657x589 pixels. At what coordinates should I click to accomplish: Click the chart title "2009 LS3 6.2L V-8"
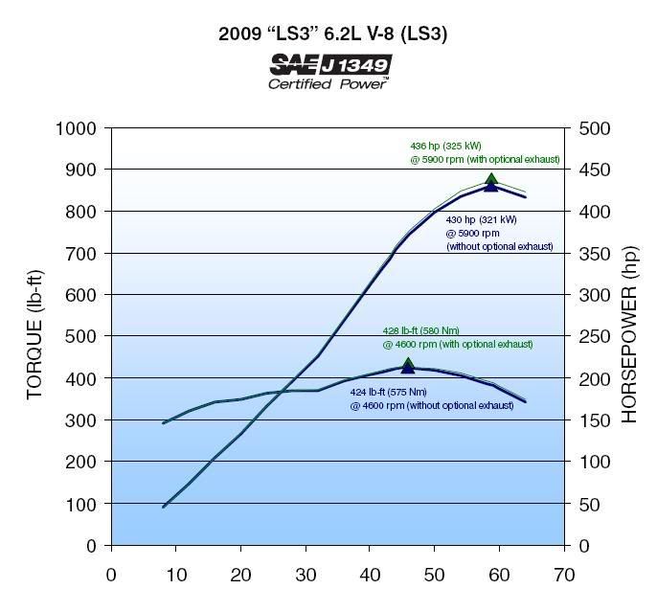(x=331, y=34)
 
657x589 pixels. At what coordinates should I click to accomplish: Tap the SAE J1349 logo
(x=330, y=64)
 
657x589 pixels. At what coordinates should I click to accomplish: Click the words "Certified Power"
(x=328, y=84)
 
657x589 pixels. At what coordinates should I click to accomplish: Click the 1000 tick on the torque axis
(x=78, y=129)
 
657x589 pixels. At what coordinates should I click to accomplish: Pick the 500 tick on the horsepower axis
(x=589, y=129)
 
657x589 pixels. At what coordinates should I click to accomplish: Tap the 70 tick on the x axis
(x=563, y=575)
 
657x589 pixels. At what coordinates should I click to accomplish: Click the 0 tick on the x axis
(x=111, y=575)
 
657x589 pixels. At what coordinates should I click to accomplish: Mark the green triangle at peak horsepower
(x=491, y=178)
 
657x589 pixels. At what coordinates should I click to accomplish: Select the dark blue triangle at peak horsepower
(x=491, y=186)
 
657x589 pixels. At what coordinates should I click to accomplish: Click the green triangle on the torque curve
(x=408, y=363)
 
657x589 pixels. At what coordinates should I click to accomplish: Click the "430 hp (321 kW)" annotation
(x=482, y=219)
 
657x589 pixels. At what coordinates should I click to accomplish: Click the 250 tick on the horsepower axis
(x=589, y=337)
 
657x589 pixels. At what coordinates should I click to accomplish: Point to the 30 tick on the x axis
(x=305, y=575)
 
